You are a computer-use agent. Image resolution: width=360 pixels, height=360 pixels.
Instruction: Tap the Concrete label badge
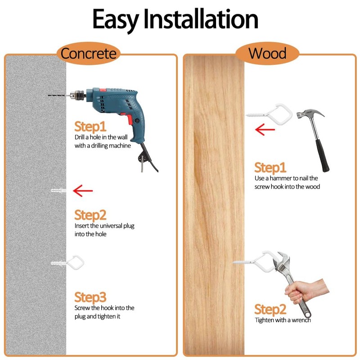tap(89, 54)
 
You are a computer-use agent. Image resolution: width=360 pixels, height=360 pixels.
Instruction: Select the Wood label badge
tap(267, 54)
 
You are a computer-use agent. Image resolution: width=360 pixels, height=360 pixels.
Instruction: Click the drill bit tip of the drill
tap(49, 96)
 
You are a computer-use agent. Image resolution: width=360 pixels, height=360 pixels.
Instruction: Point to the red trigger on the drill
tap(131, 119)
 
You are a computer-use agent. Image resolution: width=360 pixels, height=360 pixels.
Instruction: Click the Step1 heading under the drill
tap(90, 126)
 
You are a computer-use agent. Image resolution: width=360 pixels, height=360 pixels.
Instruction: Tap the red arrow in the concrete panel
tap(83, 191)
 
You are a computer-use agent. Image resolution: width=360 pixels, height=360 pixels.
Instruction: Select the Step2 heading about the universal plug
tap(90, 214)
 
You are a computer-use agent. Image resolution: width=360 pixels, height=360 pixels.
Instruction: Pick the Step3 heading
tap(90, 297)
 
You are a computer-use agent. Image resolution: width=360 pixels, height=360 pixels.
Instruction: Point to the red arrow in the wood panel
tap(265, 130)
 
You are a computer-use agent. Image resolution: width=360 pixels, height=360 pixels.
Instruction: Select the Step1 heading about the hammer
tap(270, 168)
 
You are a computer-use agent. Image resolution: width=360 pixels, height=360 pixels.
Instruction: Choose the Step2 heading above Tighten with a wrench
tap(270, 310)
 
